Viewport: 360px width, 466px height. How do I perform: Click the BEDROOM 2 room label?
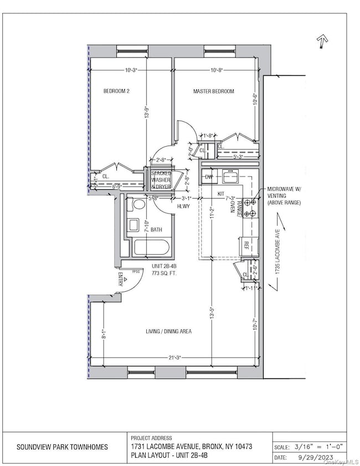(x=116, y=91)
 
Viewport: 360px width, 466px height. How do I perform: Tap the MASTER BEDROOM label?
(x=213, y=91)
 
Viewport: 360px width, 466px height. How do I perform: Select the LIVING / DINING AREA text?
(x=169, y=331)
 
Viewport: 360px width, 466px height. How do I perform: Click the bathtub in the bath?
(x=148, y=247)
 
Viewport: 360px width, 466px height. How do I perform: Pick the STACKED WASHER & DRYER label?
(x=162, y=180)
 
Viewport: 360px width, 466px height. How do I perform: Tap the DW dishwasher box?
(x=209, y=177)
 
